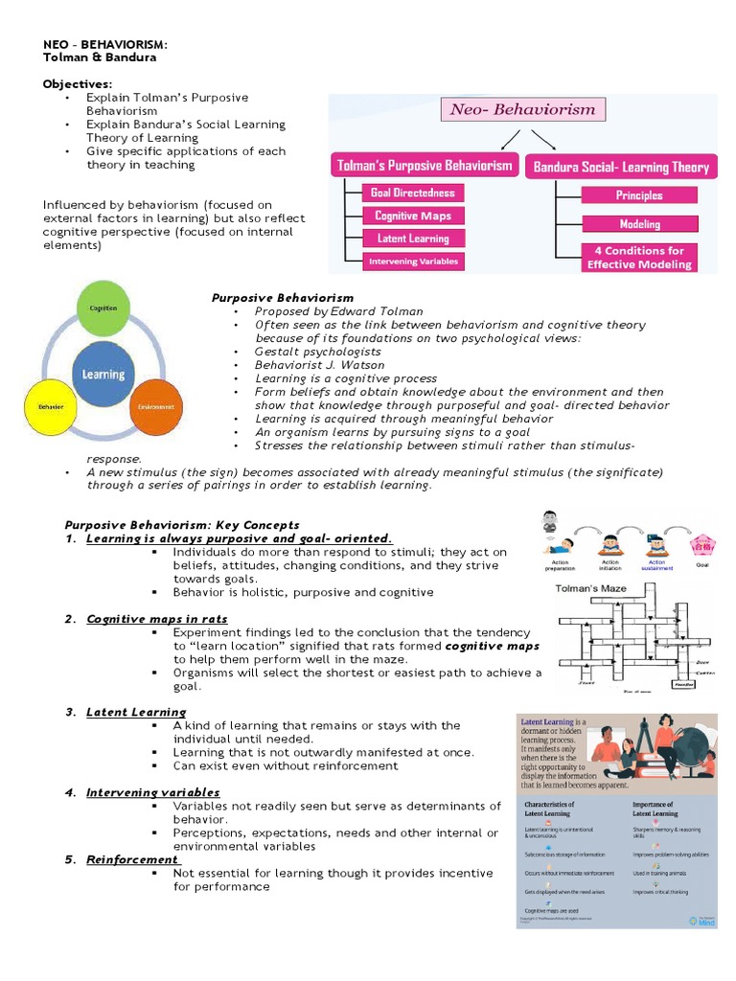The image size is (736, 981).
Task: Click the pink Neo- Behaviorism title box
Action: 522,109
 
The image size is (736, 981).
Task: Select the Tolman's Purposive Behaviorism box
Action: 425,166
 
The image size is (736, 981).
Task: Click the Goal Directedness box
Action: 413,193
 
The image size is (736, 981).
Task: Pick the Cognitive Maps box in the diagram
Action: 413,216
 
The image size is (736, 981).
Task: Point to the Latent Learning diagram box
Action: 413,239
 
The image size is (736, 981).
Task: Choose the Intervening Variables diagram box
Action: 413,261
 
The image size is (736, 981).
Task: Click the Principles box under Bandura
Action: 639,195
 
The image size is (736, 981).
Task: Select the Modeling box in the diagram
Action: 639,224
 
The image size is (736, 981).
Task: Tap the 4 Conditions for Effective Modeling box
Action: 639,258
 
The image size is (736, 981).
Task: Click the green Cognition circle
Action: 103,308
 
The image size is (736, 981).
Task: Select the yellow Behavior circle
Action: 51,407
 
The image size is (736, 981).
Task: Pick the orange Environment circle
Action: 155,407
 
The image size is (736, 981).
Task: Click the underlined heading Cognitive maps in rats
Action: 157,619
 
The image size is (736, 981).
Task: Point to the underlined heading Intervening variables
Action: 153,792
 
